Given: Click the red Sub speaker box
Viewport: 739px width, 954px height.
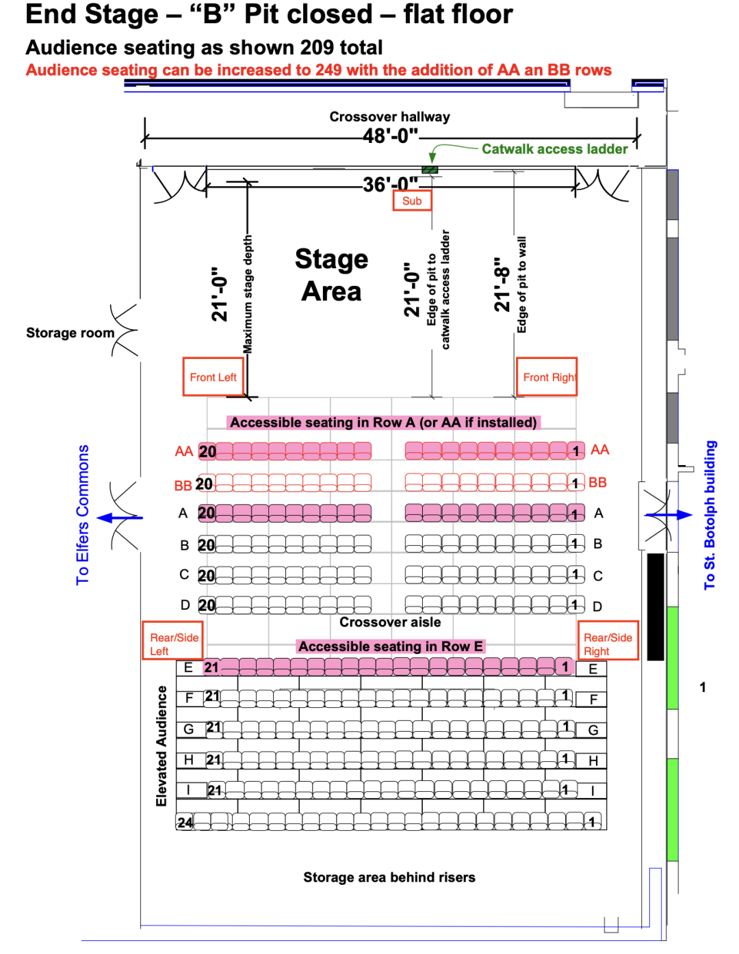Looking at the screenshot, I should [x=412, y=200].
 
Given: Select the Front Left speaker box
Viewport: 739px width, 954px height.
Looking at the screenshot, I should [x=213, y=377].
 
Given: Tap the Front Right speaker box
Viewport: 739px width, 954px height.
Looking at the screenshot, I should [x=547, y=377].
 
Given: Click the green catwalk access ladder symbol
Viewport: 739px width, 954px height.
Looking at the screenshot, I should [x=430, y=170].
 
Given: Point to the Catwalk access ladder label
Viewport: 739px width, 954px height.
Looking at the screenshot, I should [x=554, y=149].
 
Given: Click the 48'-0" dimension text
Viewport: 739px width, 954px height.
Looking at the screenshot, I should [x=390, y=135].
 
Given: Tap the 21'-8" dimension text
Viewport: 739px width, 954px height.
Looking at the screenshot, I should [x=502, y=285].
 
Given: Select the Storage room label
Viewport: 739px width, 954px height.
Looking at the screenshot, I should [x=70, y=333].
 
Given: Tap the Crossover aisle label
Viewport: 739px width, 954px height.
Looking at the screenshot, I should [x=390, y=622].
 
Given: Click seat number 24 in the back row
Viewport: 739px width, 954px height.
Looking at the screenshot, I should [x=185, y=822].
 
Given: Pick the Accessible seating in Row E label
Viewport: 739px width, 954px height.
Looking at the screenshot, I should [x=391, y=646].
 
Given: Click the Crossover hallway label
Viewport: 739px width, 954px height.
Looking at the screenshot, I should [x=389, y=117].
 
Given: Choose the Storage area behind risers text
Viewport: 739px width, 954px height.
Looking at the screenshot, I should [x=389, y=877].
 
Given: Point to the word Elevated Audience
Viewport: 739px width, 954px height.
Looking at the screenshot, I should [x=161, y=745].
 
